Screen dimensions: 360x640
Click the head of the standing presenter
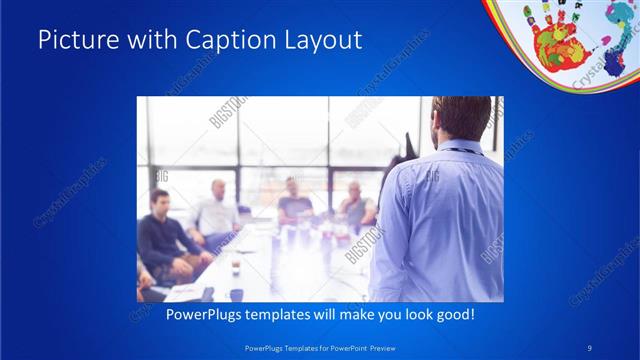(x=460, y=118)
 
